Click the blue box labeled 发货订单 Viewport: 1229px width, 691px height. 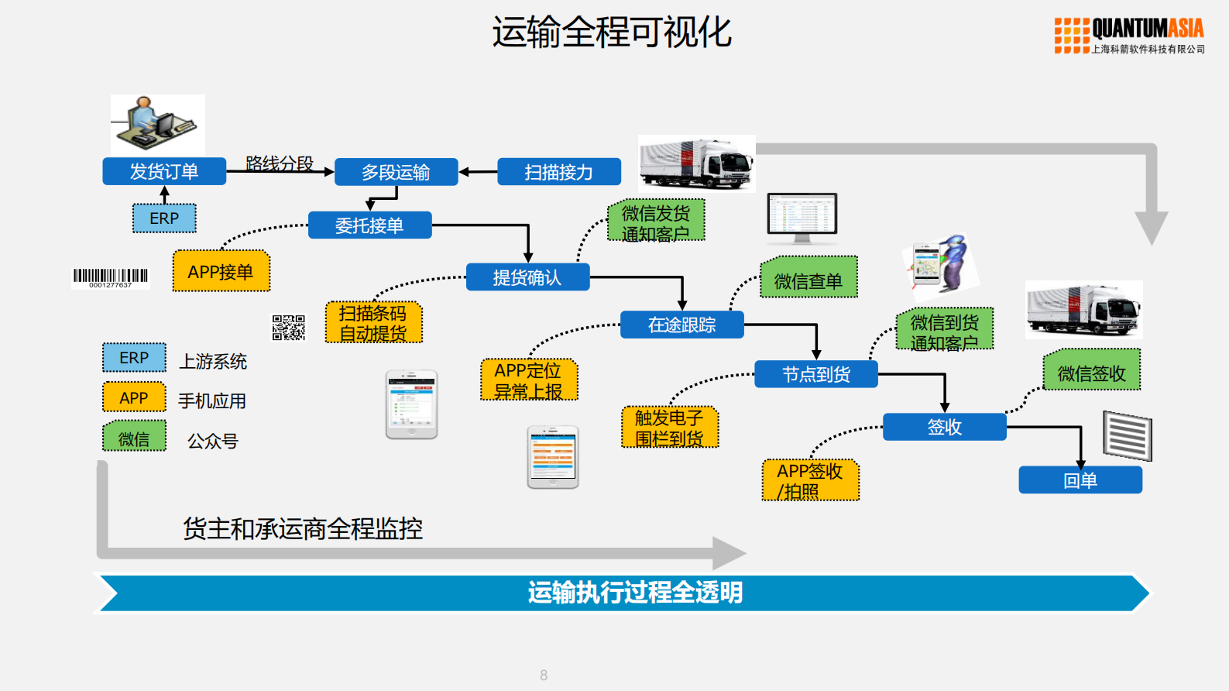point(164,171)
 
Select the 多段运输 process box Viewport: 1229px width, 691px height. point(396,172)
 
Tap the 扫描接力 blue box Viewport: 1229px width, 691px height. point(558,172)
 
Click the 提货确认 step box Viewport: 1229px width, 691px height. point(527,277)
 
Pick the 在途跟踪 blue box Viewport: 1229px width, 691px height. point(681,325)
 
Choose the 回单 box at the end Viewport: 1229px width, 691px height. point(1080,480)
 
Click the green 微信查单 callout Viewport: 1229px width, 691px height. point(808,278)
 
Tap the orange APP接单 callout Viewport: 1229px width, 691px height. point(221,272)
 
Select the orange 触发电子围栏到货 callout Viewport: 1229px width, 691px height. point(670,428)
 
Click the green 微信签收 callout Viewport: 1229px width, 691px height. point(1091,371)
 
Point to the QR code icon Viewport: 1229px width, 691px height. point(288,328)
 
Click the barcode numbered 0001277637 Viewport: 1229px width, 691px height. point(111,277)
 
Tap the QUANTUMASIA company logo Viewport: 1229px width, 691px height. point(1129,36)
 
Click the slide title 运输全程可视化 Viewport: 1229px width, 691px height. point(612,33)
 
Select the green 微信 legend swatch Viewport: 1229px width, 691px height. point(134,436)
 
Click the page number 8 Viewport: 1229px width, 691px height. point(544,676)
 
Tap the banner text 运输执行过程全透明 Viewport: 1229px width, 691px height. point(635,593)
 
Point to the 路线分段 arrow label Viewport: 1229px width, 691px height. point(280,163)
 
